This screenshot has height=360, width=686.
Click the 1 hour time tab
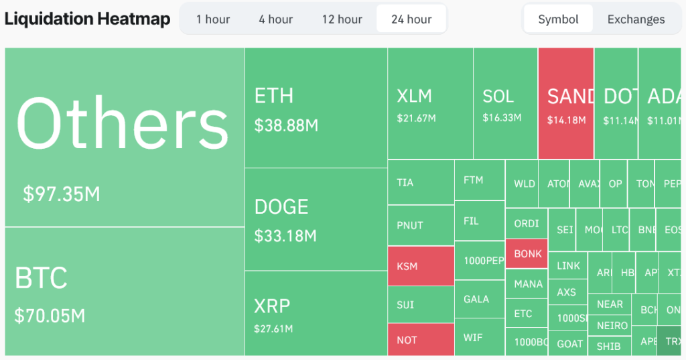coord(213,19)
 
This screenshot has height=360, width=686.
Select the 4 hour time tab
coord(276,19)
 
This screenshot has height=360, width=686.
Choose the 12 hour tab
coord(342,19)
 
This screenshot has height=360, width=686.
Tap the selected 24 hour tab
coord(411,19)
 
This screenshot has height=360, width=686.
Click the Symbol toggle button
coord(558,19)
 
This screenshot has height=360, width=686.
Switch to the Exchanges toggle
coord(636,19)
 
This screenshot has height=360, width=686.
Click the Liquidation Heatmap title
coord(87,19)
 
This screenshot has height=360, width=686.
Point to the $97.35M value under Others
coord(62,194)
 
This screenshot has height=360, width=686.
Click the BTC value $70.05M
coord(50,315)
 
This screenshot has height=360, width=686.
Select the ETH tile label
coord(274,96)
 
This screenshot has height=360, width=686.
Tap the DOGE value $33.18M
coord(285,236)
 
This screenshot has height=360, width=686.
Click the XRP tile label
coord(272,306)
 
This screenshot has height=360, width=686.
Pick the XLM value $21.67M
coord(416,119)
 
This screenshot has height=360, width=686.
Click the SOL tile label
coord(498,97)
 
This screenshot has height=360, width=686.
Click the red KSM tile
coord(421,267)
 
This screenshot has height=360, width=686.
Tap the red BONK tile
coord(527,254)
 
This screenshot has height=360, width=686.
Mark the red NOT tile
coord(421,340)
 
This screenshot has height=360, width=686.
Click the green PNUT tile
coord(421,225)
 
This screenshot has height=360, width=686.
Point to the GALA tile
coord(479,299)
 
